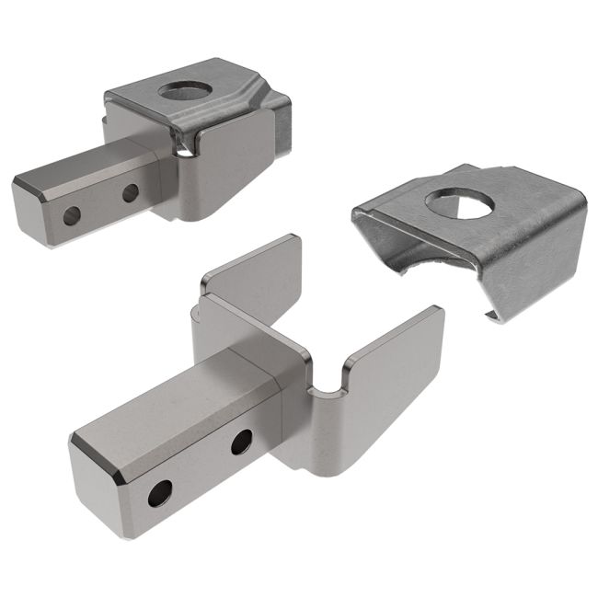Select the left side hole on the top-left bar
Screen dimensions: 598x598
click(x=71, y=216)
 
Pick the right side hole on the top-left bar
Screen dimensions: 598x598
click(x=131, y=193)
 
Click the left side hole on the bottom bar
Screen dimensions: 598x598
click(x=159, y=494)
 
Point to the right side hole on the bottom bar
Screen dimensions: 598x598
click(x=241, y=443)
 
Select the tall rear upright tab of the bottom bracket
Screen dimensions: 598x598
click(x=253, y=276)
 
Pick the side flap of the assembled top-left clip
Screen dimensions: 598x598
click(x=235, y=166)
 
